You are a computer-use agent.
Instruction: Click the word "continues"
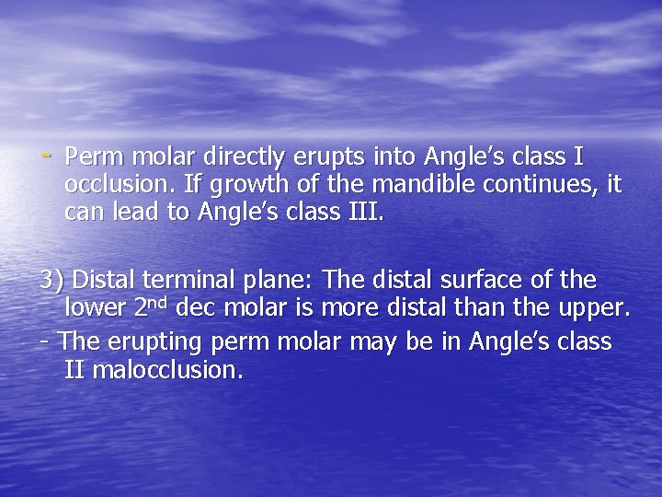point(545,185)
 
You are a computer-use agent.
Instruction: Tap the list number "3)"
point(51,279)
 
